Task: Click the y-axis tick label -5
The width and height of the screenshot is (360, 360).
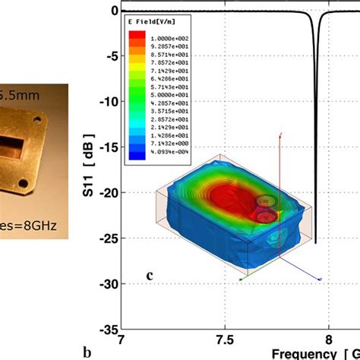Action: point(109,55)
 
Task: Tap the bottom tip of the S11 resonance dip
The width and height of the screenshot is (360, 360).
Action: point(315,242)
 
